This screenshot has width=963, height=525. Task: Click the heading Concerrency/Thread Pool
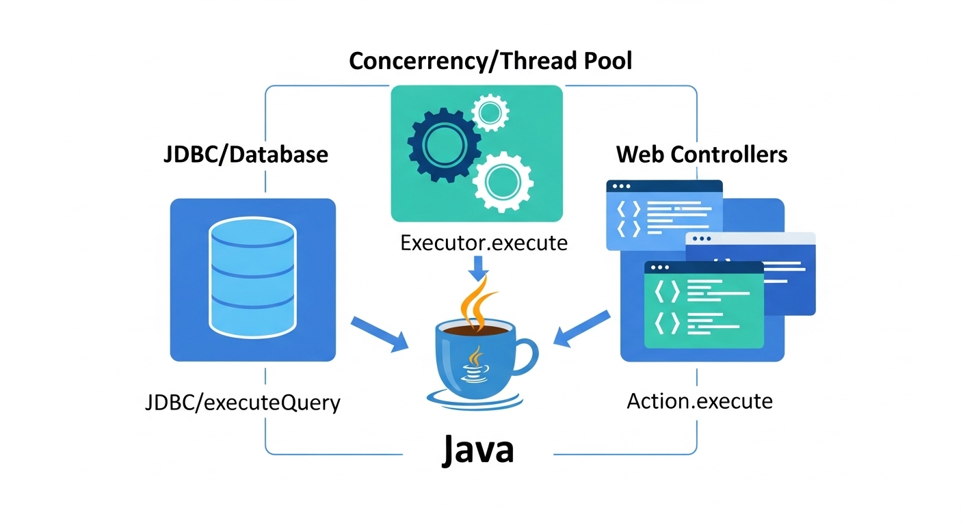(x=490, y=61)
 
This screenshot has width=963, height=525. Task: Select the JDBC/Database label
(x=246, y=154)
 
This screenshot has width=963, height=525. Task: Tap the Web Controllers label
(x=702, y=154)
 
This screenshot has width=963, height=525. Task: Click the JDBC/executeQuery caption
(x=243, y=402)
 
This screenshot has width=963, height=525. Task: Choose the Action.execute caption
(x=700, y=401)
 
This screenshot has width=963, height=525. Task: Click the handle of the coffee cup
(x=525, y=356)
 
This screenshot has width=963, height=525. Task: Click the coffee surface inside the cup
(x=475, y=329)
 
